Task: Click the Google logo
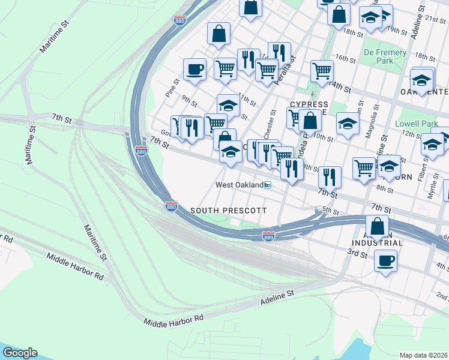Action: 20,353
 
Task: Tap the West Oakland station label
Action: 240,185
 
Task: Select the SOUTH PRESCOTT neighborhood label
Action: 228,211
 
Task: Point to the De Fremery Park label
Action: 378,56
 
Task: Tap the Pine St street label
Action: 173,88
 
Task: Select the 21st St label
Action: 435,19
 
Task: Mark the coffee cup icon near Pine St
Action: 194,70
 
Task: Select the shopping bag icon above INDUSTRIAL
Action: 377,227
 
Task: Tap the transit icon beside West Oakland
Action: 269,185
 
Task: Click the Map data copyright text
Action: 424,355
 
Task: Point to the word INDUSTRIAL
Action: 378,244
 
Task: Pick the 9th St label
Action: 190,100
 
